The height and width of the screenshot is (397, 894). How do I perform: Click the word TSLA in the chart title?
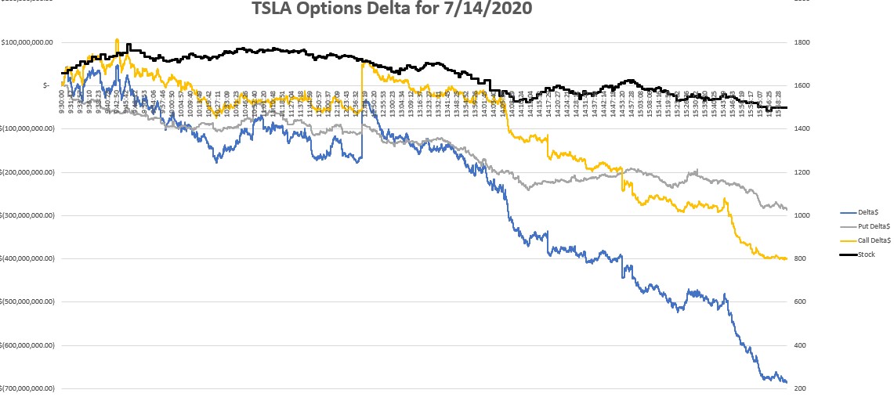[x=274, y=9]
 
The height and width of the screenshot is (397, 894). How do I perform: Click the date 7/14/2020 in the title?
[x=498, y=9]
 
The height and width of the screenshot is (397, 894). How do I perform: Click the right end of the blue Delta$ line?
[x=787, y=382]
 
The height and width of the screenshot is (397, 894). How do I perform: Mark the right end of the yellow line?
[x=787, y=259]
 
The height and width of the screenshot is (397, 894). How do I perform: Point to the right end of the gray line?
[x=787, y=209]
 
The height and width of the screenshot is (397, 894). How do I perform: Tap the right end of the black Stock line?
[x=787, y=108]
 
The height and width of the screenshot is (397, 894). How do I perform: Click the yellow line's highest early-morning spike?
[x=117, y=40]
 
